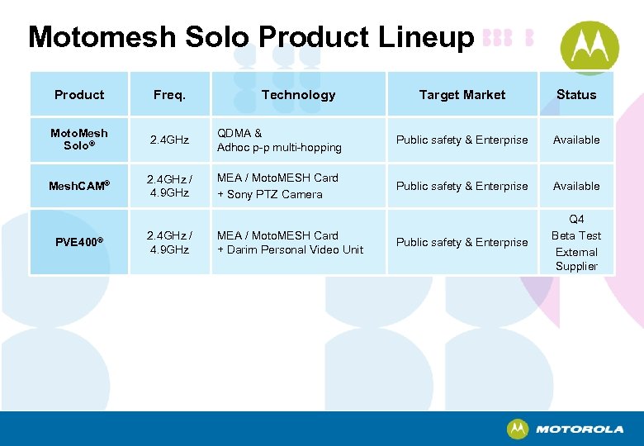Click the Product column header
pos(79,95)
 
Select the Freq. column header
pos(169,95)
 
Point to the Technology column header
pos(298,95)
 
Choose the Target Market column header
pos(462,95)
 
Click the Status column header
pos(575,95)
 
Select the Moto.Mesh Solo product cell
pos(79,140)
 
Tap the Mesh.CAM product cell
pos(79,186)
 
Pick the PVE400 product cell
pos(79,242)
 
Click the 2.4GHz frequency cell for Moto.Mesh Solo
pos(168,140)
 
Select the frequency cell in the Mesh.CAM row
pos(168,186)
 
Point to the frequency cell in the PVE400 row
pos(168,242)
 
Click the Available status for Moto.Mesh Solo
pos(575,140)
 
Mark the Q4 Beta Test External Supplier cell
pos(575,243)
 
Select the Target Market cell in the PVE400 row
pos(462,242)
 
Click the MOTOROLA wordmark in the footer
pos(579,429)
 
